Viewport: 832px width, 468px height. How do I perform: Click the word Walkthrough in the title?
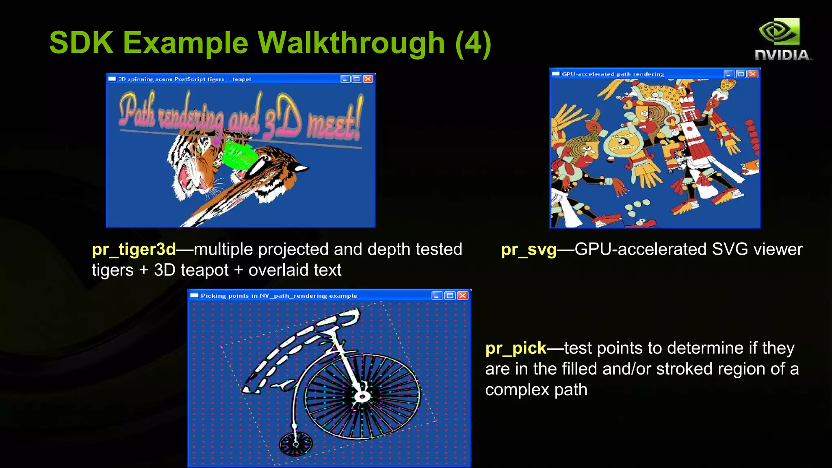tap(351, 43)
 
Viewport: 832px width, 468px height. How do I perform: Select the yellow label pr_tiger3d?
tap(134, 249)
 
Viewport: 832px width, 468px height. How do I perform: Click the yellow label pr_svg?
tap(528, 249)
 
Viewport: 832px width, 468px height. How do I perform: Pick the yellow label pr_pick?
tap(516, 348)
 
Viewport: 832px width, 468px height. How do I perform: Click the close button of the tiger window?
tap(368, 79)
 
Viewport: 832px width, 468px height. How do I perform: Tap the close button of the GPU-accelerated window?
tap(753, 74)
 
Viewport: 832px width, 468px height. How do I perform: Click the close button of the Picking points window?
tap(462, 295)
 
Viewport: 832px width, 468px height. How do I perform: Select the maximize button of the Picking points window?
tap(450, 295)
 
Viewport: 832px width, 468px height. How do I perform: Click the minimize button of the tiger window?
tap(345, 79)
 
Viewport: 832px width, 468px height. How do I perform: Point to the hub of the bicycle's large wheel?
tap(361, 396)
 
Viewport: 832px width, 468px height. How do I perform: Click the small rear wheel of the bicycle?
tap(296, 444)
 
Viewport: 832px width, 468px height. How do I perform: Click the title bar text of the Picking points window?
tap(279, 296)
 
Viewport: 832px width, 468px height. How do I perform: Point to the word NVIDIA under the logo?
tap(782, 55)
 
